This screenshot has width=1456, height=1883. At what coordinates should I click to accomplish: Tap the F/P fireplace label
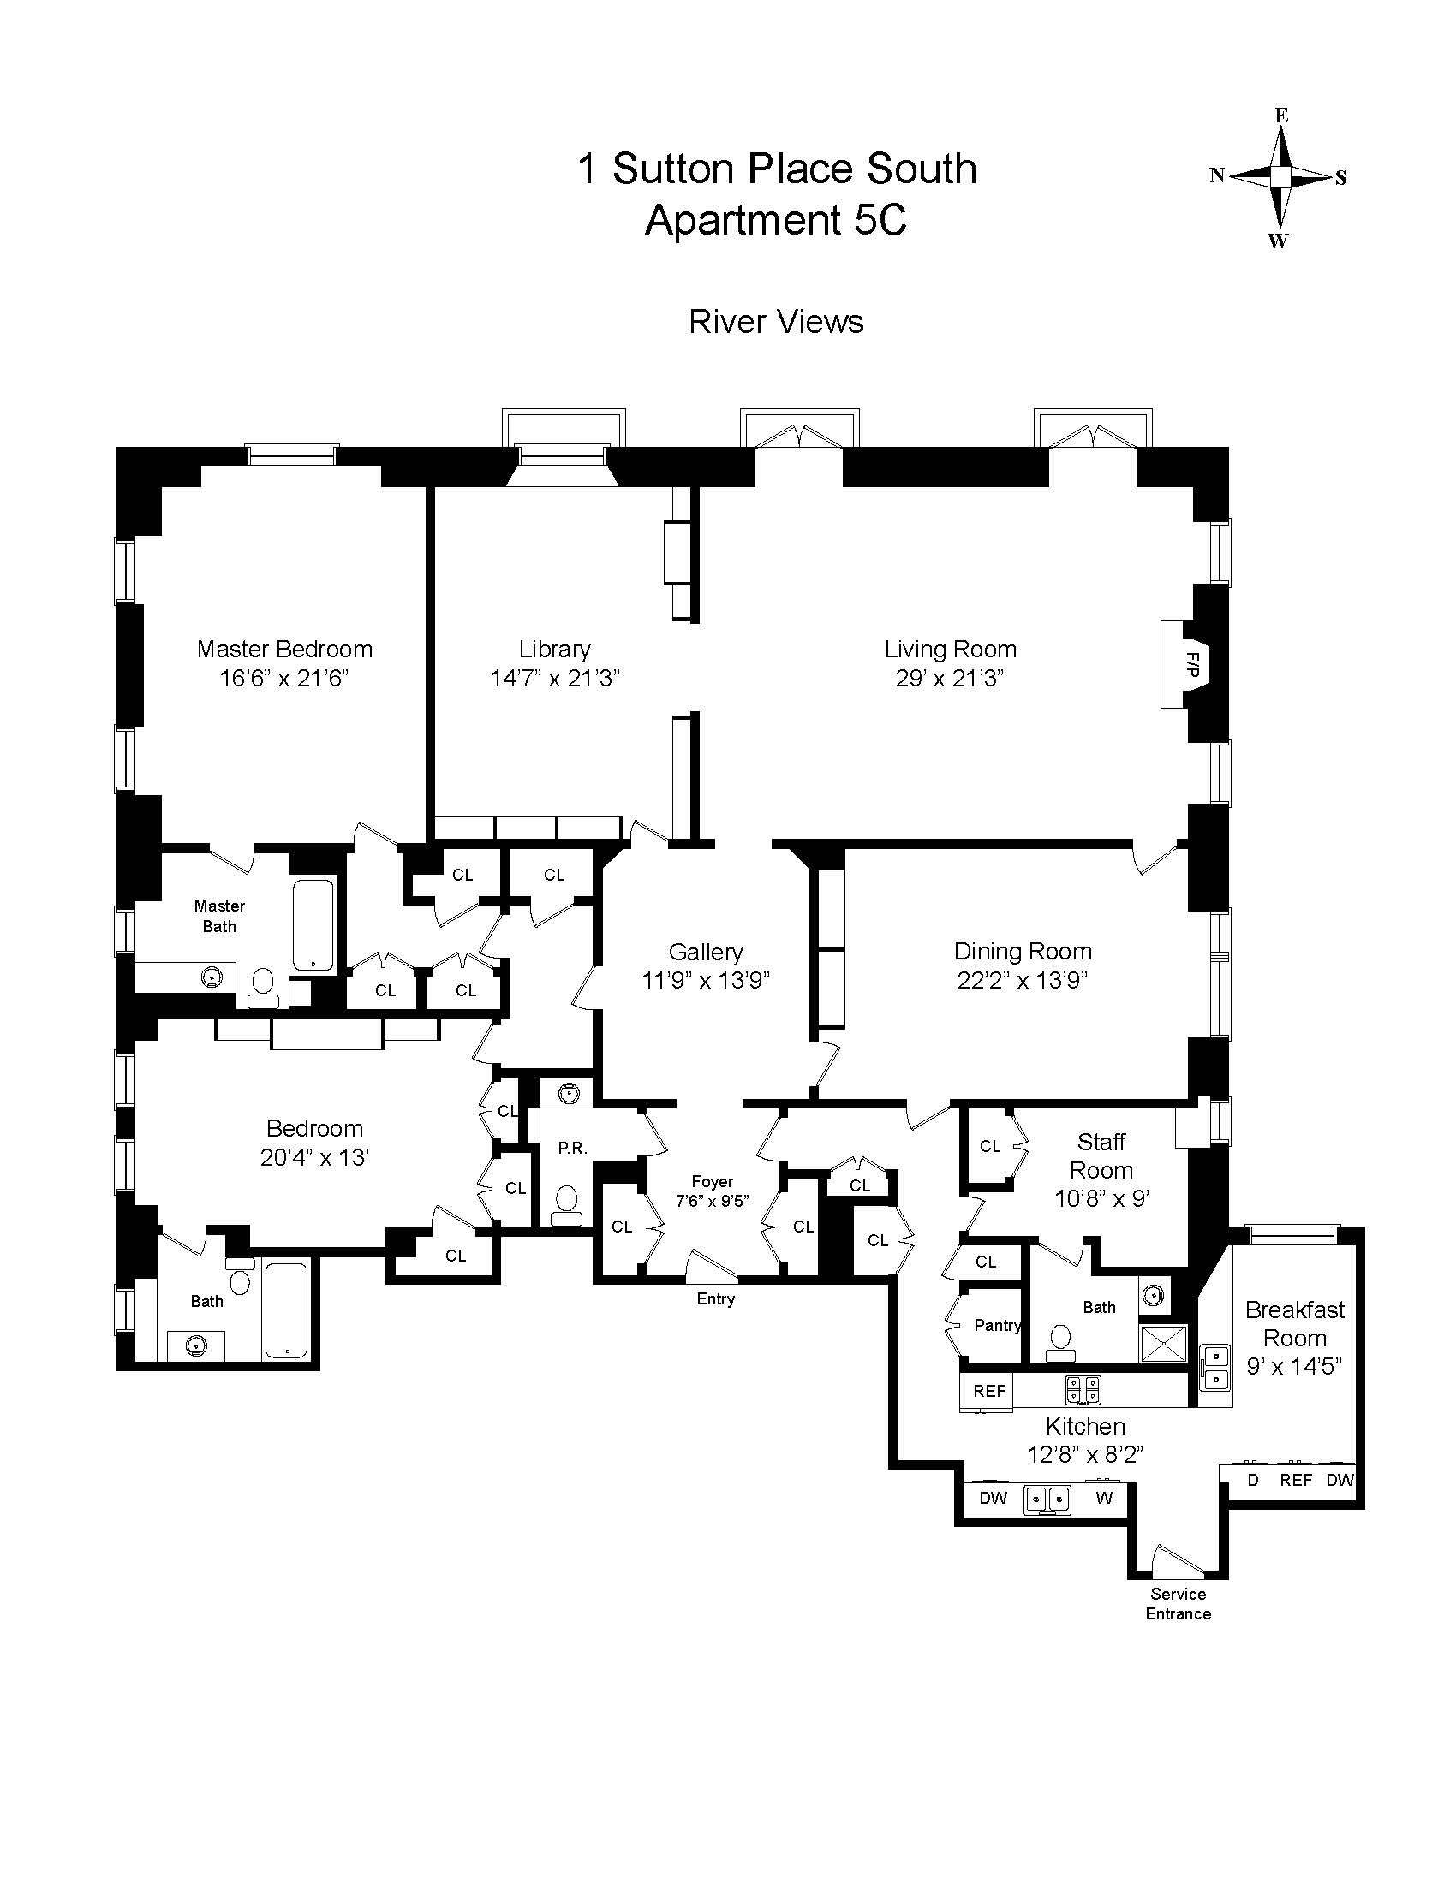(x=1192, y=663)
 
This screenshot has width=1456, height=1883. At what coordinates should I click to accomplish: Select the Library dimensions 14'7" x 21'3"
(x=556, y=679)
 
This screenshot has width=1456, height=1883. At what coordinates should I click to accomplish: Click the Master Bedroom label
(x=284, y=650)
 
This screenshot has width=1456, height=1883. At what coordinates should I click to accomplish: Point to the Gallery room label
(x=706, y=952)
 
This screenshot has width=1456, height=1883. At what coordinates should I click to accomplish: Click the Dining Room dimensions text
(x=1022, y=980)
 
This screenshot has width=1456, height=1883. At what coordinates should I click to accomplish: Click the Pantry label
(x=998, y=1325)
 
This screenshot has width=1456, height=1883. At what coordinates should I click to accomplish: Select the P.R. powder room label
(x=573, y=1148)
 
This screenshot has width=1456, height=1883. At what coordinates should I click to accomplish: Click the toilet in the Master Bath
(x=261, y=984)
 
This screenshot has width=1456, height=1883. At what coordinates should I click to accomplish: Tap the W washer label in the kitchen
(x=1104, y=1498)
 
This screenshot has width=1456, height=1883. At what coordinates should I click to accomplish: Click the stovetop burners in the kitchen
(x=1083, y=1388)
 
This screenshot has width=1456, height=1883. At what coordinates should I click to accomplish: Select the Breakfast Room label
(x=1295, y=1324)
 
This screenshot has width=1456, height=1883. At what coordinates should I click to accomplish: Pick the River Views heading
(x=776, y=322)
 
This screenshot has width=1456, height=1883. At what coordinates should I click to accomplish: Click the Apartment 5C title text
(x=776, y=220)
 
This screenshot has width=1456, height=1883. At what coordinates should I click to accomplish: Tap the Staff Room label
(x=1101, y=1156)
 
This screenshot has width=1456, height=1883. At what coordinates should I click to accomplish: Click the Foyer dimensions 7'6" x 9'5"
(x=712, y=1200)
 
